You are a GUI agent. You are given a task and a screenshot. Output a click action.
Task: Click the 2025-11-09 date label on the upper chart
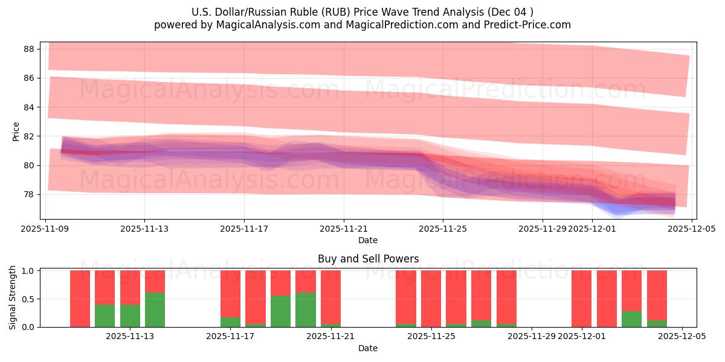tap(45, 229)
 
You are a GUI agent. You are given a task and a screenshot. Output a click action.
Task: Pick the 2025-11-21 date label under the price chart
tap(344, 229)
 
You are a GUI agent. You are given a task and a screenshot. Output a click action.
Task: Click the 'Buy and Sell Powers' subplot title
tap(368, 259)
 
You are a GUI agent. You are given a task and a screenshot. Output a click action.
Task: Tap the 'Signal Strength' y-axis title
tap(13, 298)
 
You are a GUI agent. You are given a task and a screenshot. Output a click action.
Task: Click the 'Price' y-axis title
tap(16, 132)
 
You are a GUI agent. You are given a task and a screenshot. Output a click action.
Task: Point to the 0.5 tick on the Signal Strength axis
tap(28, 299)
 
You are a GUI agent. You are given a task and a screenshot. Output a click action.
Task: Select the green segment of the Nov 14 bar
tap(155, 310)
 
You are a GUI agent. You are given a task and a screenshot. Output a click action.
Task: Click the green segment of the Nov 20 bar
tap(305, 310)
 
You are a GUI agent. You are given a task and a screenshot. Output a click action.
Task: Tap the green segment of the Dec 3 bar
tap(631, 319)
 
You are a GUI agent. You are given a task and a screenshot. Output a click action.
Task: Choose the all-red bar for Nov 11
tap(80, 299)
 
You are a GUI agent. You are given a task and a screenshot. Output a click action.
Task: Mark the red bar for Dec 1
tap(581, 299)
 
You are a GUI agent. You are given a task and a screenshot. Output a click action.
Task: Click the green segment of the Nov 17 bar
tap(230, 322)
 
